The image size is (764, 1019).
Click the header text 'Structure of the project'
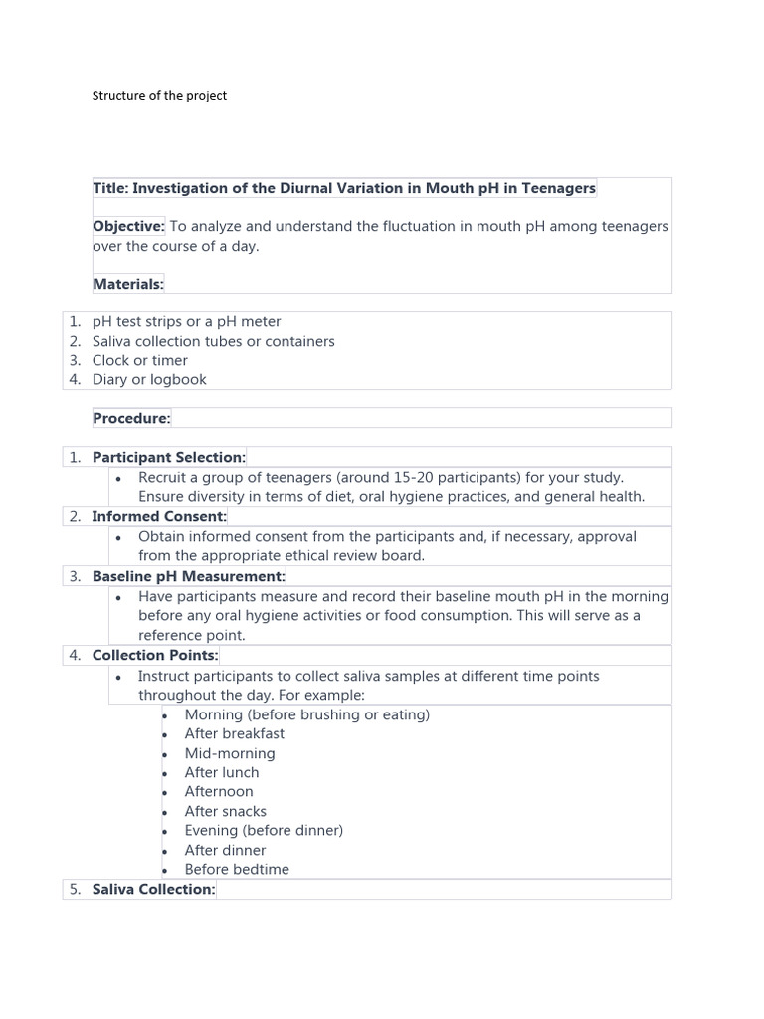(x=159, y=96)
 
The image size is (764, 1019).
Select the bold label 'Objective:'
(x=128, y=226)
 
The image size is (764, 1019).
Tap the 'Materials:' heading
(x=128, y=284)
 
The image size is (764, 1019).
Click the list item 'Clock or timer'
(x=140, y=360)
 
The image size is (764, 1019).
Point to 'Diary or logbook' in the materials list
(x=149, y=379)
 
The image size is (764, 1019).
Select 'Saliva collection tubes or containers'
(x=213, y=341)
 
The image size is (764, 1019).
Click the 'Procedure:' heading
(x=131, y=418)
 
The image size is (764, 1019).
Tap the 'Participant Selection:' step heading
(x=168, y=457)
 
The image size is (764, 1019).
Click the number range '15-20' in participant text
(x=398, y=477)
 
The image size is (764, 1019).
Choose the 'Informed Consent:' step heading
(x=159, y=516)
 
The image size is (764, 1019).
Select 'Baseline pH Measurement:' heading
(x=188, y=576)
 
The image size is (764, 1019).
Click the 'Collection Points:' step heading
(x=154, y=655)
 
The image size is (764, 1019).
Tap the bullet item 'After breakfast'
(x=234, y=733)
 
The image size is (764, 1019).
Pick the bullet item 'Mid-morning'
(x=230, y=753)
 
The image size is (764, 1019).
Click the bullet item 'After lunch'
(x=221, y=772)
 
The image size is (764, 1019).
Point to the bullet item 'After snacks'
(x=225, y=811)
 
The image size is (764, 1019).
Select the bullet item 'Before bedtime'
(x=237, y=869)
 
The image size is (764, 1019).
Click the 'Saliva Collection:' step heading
(x=153, y=889)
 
